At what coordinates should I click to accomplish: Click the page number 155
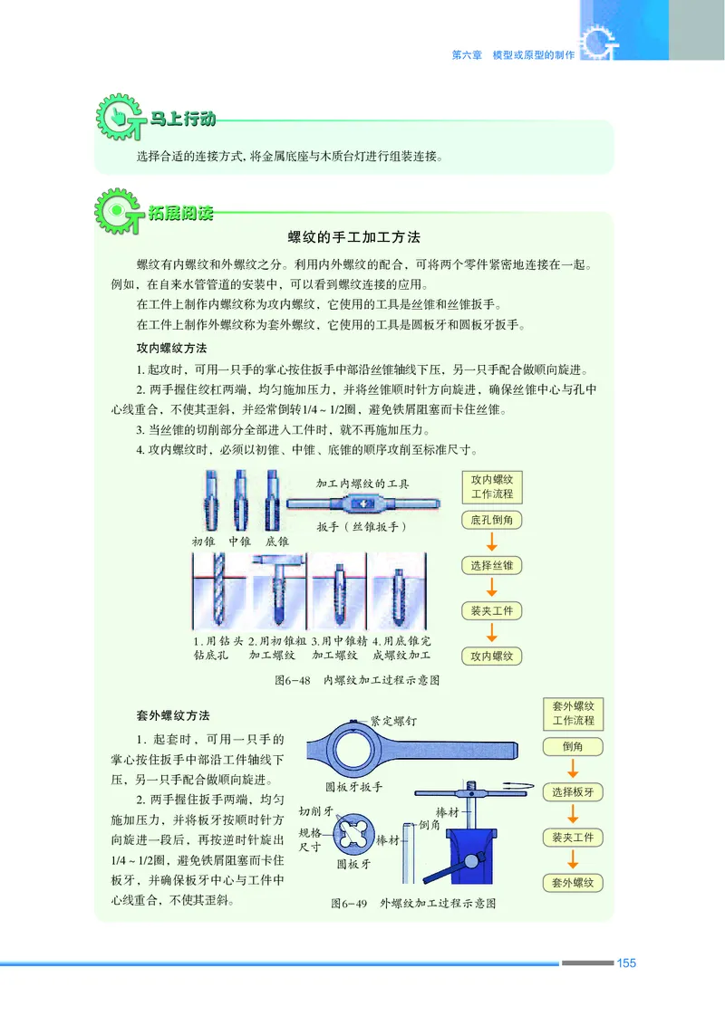(625, 963)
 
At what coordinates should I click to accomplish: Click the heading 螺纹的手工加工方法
(354, 237)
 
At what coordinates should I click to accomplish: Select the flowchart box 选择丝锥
(491, 566)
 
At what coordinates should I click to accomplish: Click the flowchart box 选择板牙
(573, 792)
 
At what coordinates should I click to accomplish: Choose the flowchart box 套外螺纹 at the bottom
(573, 882)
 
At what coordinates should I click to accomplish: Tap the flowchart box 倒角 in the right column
(573, 747)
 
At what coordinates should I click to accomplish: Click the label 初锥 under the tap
(202, 541)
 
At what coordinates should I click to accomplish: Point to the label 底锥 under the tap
(276, 541)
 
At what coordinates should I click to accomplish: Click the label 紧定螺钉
(393, 722)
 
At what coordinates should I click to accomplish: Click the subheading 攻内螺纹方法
(171, 348)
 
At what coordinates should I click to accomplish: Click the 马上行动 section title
(182, 119)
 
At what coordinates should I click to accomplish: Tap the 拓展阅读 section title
(182, 215)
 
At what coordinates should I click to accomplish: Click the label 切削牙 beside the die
(317, 811)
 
